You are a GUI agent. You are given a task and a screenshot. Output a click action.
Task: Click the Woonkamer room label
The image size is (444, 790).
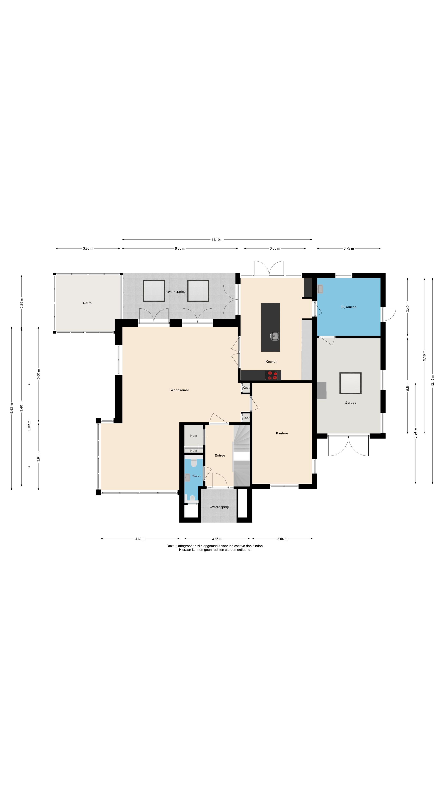(x=180, y=390)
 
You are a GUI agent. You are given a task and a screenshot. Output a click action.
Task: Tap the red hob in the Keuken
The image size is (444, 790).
(x=272, y=375)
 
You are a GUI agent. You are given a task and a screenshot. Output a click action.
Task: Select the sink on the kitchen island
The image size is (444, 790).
(x=275, y=336)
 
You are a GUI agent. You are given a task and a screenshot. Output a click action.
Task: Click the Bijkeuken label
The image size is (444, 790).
(x=349, y=307)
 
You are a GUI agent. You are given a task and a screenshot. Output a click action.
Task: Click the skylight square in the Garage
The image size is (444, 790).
(x=350, y=383)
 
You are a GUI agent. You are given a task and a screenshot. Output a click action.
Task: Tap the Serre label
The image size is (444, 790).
(x=87, y=303)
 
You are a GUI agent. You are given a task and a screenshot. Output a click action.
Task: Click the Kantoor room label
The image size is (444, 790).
(x=282, y=433)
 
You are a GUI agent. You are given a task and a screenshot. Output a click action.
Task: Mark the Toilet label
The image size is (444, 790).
(x=197, y=476)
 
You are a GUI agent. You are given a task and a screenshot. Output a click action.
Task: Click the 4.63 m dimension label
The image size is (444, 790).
(x=140, y=539)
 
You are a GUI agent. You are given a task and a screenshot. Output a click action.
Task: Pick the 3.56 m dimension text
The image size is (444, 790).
(x=282, y=539)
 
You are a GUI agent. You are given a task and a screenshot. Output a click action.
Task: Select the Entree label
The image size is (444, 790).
(x=220, y=455)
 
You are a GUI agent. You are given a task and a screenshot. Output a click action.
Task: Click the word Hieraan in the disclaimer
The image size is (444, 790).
(x=185, y=550)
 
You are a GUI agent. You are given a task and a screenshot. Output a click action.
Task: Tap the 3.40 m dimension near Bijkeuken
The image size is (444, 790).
(x=408, y=307)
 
